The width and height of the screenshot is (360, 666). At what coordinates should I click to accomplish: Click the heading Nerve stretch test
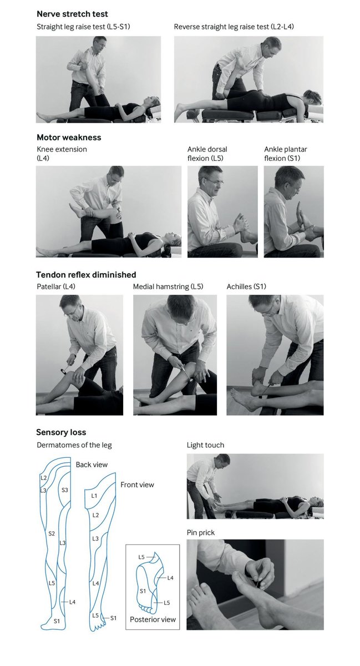coord(72,14)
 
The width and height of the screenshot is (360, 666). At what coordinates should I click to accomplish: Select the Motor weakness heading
coord(69,137)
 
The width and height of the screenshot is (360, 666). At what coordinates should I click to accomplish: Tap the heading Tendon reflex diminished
coord(86,275)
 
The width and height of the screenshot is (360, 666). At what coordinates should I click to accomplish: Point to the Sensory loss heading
coord(61,432)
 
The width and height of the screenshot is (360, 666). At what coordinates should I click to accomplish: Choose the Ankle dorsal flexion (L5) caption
coord(207,154)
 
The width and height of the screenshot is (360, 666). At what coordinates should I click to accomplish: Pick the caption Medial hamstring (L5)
coord(168,287)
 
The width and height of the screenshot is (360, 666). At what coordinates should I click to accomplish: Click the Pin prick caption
coord(201,533)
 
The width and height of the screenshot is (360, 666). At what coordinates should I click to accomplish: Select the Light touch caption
coord(205,445)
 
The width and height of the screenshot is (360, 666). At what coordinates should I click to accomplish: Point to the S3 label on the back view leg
coord(64,490)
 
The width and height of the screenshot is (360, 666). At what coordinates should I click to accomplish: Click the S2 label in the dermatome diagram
coord(51,533)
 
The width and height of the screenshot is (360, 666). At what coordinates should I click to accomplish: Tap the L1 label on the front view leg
coord(94,495)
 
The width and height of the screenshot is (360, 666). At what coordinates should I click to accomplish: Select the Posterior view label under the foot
coord(153,619)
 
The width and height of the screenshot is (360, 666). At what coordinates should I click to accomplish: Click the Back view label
coord(92,465)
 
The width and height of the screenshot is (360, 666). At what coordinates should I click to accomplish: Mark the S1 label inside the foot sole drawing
coord(142,592)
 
